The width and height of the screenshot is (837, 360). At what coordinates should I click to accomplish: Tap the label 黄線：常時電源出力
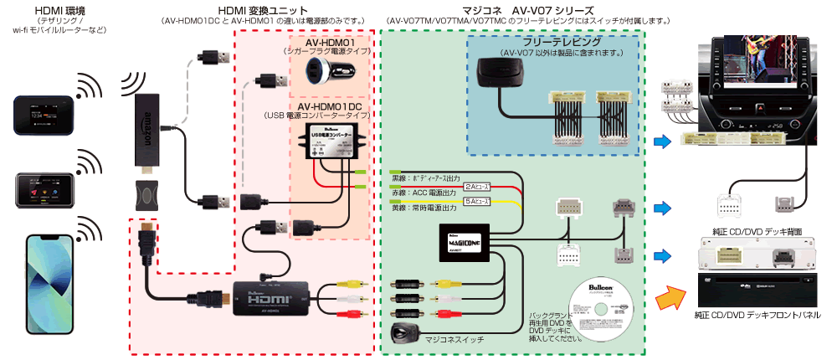pyautogui.click(x=423, y=207)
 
